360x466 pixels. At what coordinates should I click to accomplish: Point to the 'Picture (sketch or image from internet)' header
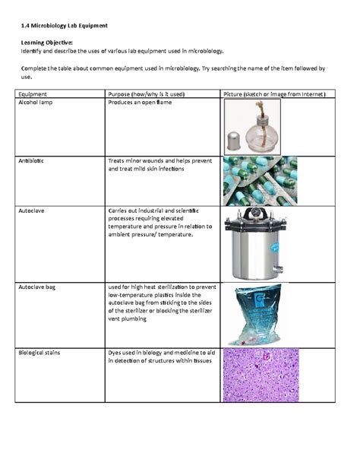tap(273, 94)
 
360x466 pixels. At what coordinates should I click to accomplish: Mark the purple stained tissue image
tap(254, 381)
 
